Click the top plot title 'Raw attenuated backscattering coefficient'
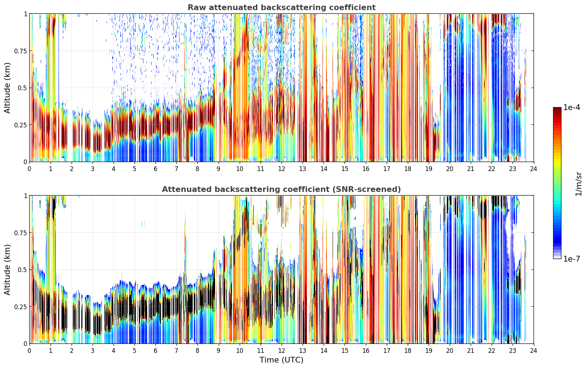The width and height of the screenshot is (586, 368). [282, 8]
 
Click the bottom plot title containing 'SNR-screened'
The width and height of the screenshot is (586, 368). [282, 189]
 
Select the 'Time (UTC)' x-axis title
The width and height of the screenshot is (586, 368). [282, 360]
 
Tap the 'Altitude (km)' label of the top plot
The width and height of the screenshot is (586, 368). [7, 88]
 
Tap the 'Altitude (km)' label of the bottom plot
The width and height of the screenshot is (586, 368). [7, 270]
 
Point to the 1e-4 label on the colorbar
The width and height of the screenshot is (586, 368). [572, 107]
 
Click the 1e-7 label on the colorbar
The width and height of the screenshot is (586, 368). [572, 259]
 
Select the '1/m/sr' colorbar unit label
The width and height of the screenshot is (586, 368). [578, 184]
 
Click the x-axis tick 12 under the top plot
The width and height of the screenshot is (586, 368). [282, 169]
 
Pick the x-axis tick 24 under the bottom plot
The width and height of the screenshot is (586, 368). [534, 351]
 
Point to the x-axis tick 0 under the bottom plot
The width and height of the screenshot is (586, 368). [29, 351]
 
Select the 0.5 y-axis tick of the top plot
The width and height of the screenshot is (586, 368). [22, 88]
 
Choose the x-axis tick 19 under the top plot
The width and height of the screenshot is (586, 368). [428, 169]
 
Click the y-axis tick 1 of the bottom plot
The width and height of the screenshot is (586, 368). [25, 196]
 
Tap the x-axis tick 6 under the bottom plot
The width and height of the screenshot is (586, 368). [155, 351]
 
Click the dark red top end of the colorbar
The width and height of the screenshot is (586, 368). [557, 109]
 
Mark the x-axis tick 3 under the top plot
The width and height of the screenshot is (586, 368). [92, 169]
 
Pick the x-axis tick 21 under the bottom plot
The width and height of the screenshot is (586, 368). [471, 351]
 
